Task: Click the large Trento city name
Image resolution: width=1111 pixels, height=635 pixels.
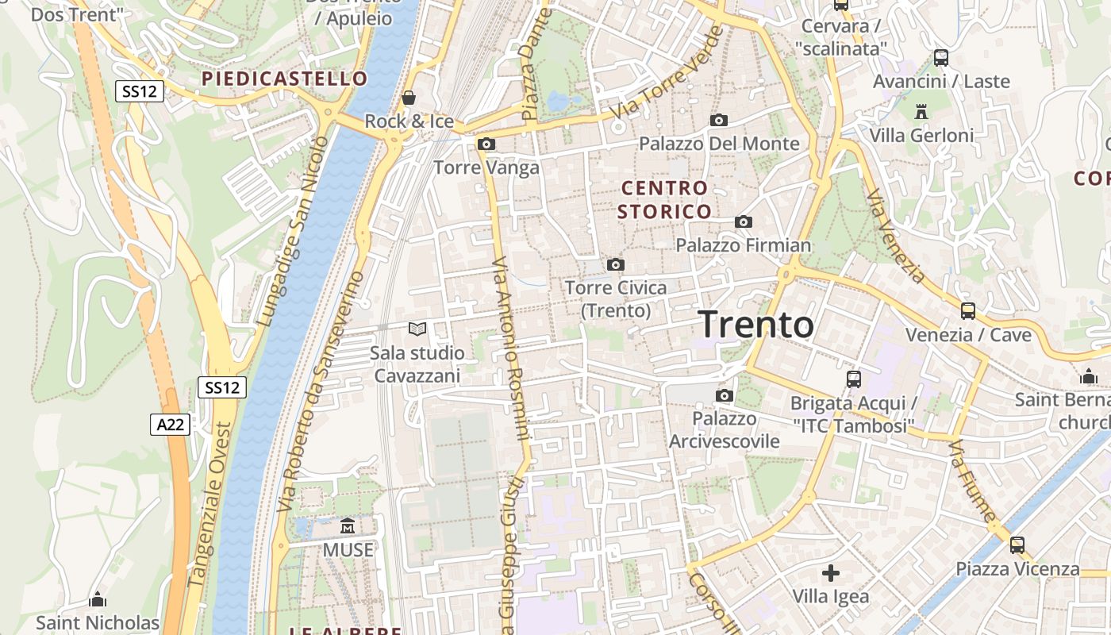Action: click(755, 325)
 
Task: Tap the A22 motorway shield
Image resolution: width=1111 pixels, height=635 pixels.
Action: click(170, 425)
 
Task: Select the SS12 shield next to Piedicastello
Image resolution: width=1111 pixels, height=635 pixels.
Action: click(140, 91)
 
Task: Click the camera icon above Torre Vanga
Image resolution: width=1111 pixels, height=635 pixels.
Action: click(486, 144)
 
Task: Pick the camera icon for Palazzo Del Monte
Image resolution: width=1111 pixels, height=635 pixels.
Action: click(719, 121)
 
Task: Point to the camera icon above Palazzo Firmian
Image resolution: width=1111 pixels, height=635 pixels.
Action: click(744, 222)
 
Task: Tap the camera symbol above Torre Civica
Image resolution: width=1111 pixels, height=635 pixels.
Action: click(616, 265)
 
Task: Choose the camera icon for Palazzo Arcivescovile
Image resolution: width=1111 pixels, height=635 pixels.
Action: click(724, 396)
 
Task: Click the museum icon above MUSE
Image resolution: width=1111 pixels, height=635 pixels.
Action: click(348, 526)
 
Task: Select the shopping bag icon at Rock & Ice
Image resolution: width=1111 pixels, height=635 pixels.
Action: click(409, 98)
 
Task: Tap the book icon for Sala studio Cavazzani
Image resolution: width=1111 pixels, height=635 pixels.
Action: click(417, 329)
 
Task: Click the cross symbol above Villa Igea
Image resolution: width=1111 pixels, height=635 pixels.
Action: click(831, 572)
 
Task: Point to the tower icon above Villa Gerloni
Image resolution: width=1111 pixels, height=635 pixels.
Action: click(921, 112)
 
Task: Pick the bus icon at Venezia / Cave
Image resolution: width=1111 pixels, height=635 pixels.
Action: click(968, 311)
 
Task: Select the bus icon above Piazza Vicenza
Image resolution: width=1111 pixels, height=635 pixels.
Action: click(1017, 545)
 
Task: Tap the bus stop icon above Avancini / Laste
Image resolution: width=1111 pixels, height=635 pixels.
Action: click(941, 58)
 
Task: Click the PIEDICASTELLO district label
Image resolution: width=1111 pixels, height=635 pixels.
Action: click(284, 79)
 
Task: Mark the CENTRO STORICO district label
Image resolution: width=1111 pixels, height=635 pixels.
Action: click(664, 200)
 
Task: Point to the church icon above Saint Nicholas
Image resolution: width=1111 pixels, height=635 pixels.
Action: click(98, 599)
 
